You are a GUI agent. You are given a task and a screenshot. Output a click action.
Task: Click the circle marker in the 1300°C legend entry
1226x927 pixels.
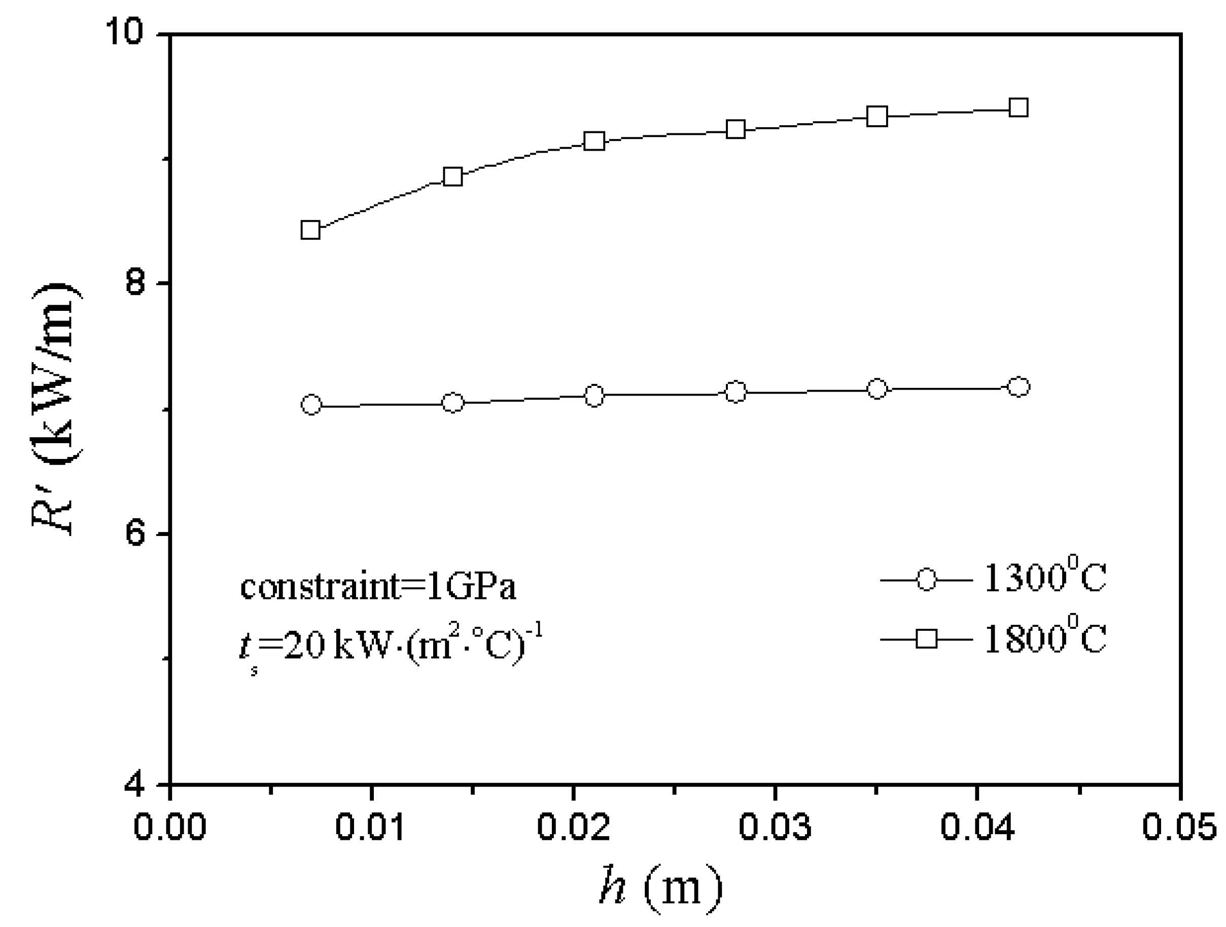(x=926, y=580)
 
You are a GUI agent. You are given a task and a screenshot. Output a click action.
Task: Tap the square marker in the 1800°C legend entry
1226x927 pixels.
(x=926, y=639)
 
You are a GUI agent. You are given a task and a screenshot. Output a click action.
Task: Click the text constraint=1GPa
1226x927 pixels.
(x=378, y=587)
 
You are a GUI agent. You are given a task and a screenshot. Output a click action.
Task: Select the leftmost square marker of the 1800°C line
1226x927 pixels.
(x=311, y=230)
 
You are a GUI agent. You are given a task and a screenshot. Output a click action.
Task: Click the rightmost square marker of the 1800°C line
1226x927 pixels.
(x=1018, y=108)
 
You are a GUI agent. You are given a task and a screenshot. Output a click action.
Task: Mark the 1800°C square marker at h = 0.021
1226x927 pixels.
(x=594, y=141)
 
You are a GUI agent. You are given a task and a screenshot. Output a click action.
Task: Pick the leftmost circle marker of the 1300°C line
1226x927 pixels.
(x=311, y=405)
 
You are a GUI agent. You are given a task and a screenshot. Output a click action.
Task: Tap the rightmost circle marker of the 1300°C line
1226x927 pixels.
(x=1018, y=387)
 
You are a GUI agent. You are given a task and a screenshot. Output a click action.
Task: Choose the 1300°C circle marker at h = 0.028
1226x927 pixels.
(x=735, y=393)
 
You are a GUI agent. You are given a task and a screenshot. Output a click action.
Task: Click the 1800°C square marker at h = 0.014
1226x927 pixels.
(x=453, y=177)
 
